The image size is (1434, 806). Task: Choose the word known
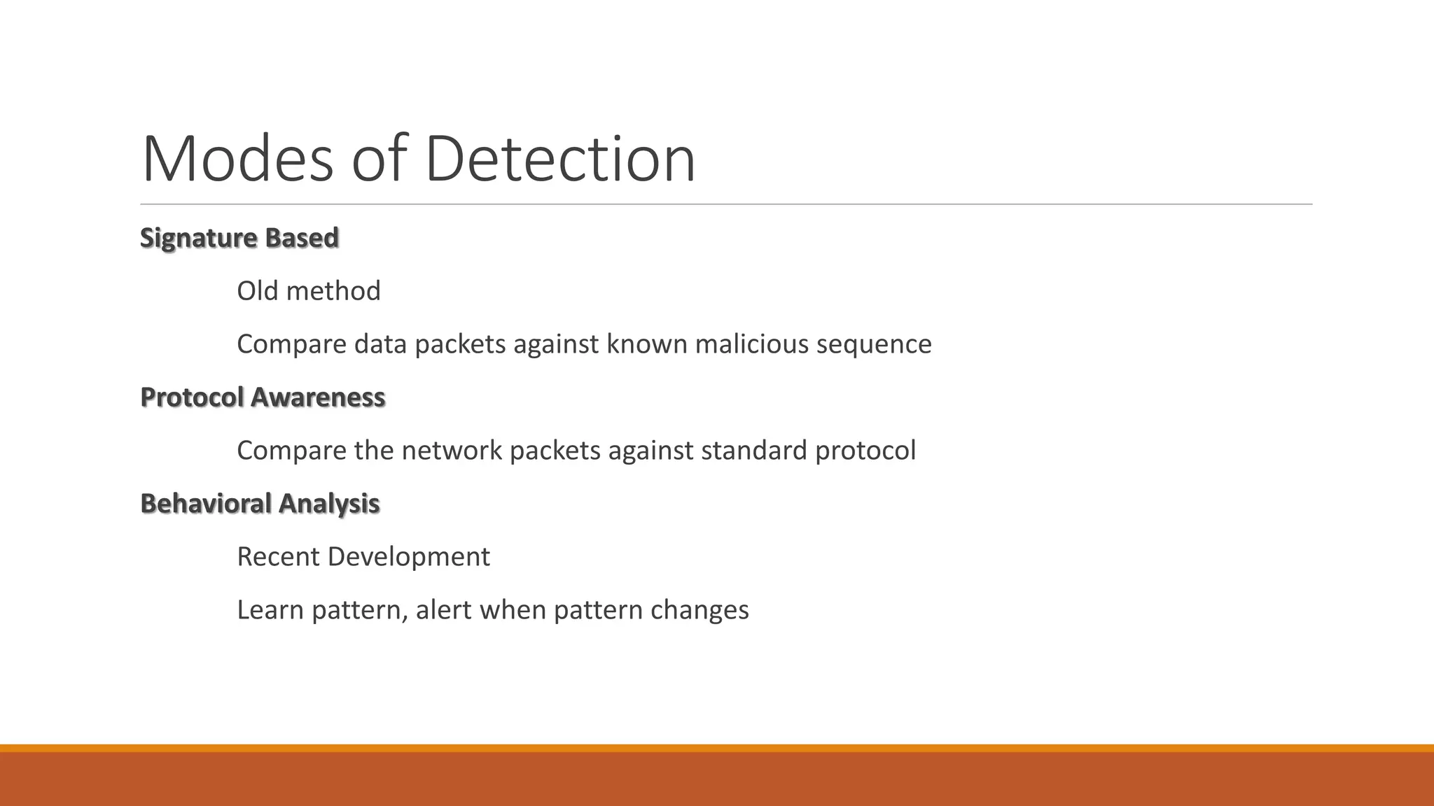pyautogui.click(x=646, y=344)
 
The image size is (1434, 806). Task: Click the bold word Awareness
pyautogui.click(x=318, y=397)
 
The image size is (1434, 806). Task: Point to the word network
pyautogui.click(x=452, y=451)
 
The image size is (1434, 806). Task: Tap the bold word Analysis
pyautogui.click(x=329, y=504)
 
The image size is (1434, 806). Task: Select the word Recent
pyautogui.click(x=278, y=557)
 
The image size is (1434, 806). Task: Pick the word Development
pyautogui.click(x=408, y=557)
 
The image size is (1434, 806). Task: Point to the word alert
pyautogui.click(x=443, y=610)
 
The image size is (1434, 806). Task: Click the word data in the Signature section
pyautogui.click(x=380, y=344)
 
